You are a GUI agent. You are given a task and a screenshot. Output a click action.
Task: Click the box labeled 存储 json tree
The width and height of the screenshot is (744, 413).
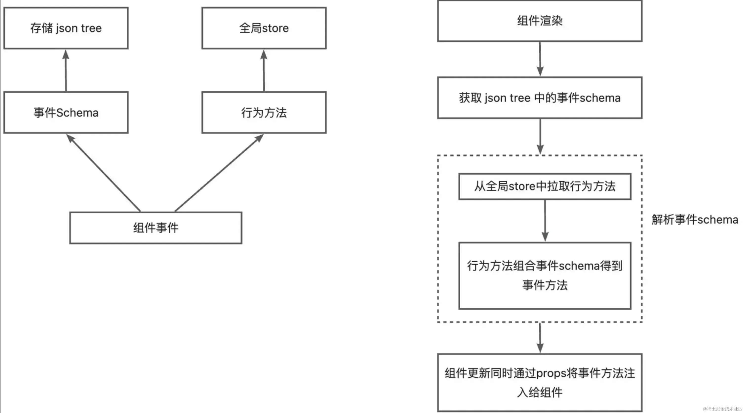click(66, 28)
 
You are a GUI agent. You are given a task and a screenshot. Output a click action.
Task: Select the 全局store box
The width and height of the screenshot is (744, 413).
click(264, 28)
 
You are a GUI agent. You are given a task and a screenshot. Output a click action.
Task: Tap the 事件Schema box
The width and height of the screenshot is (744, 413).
click(66, 112)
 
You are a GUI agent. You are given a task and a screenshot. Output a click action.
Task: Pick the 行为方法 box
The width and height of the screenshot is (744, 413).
click(264, 112)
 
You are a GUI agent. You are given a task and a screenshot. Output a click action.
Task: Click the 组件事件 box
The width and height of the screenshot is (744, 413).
click(156, 228)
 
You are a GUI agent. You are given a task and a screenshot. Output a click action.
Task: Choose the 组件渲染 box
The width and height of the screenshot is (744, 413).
click(540, 21)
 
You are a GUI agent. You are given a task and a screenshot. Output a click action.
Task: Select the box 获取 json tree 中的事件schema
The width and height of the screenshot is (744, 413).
click(540, 98)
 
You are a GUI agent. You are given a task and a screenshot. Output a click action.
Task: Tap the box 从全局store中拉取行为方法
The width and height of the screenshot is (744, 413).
click(545, 186)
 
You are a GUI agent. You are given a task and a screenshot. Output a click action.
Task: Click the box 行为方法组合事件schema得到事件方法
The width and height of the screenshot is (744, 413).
click(545, 276)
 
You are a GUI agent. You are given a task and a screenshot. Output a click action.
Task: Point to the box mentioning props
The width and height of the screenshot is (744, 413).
click(540, 382)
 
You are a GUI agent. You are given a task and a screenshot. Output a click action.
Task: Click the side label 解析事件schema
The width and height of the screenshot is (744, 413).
click(695, 220)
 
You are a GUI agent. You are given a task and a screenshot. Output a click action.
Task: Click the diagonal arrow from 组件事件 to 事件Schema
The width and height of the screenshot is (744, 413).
click(103, 173)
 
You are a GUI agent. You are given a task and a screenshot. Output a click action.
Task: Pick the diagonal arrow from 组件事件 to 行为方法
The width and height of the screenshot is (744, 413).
click(219, 173)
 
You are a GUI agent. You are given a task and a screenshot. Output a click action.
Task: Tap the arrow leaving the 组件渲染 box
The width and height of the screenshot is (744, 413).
click(540, 59)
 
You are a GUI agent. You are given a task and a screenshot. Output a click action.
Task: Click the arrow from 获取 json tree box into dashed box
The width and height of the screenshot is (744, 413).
click(540, 136)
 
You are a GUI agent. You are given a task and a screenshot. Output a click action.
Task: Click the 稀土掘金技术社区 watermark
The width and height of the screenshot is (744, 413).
click(722, 409)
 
